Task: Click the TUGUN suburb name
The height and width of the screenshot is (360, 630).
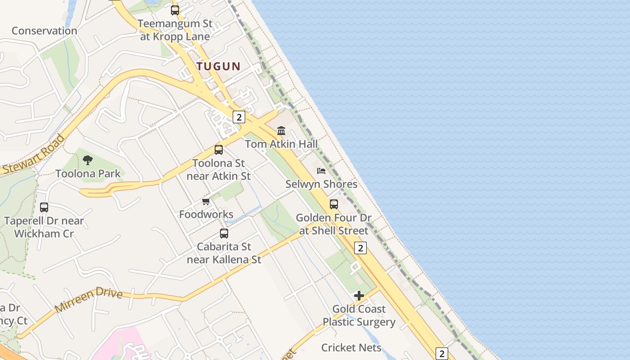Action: [x=219, y=66]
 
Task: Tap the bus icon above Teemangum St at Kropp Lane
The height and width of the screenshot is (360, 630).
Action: [x=175, y=10]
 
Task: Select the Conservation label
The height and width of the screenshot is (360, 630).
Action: [x=44, y=31]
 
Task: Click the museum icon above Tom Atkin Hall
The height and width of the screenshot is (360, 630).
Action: [x=281, y=131]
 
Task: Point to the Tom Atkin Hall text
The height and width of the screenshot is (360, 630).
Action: [x=281, y=144]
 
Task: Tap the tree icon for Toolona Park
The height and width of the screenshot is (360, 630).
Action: [x=88, y=160]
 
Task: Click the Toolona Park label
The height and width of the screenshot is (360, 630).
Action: [x=88, y=173]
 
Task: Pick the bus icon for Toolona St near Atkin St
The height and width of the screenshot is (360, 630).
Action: [x=219, y=150]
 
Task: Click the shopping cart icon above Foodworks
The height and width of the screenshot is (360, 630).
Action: [x=206, y=201]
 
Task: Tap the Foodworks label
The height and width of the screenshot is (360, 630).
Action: [x=206, y=214]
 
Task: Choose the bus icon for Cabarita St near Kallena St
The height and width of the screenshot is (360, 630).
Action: [x=224, y=233]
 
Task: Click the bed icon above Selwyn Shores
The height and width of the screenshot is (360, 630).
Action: [x=321, y=171]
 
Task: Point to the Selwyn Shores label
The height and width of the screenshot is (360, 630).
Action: [x=321, y=184]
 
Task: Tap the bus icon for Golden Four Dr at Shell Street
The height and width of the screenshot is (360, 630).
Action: [x=334, y=204]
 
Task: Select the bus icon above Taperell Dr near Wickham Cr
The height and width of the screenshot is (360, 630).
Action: [x=44, y=207]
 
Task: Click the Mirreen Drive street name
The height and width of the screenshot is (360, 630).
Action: [x=89, y=300]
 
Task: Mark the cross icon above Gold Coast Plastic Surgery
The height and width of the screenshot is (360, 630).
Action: [x=359, y=296]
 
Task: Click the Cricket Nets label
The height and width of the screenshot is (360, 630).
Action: [x=351, y=347]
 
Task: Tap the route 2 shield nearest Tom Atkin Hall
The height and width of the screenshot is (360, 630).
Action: [x=238, y=117]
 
